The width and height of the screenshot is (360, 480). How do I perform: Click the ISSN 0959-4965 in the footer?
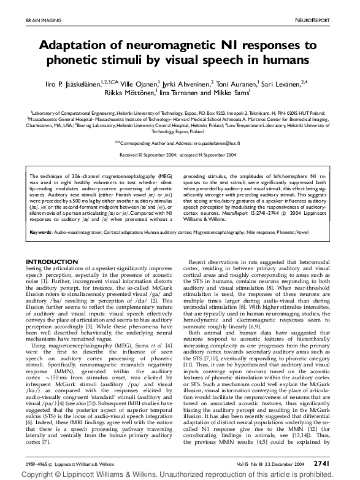pyautogui.click(x=37, y=463)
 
